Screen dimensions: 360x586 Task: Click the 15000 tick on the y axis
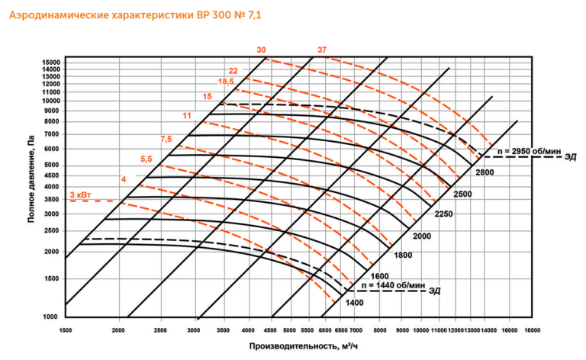51,62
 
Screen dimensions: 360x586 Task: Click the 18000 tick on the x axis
533,330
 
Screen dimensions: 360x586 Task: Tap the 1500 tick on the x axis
66,330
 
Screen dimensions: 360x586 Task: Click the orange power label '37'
322,50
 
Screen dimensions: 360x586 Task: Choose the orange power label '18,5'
226,82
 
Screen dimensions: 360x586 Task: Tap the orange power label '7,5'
166,138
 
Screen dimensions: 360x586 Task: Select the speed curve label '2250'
444,214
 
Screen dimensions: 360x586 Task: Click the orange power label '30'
262,50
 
